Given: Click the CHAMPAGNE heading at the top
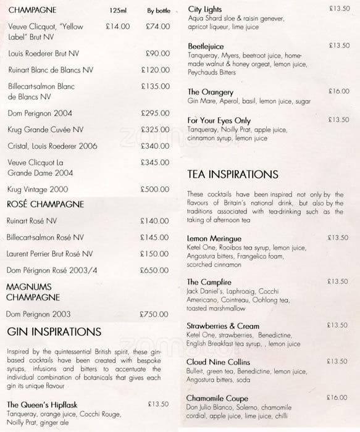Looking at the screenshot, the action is [x=32, y=10].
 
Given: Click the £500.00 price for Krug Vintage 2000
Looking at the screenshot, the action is [x=154, y=189].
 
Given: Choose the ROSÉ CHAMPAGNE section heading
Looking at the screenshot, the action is [x=44, y=204].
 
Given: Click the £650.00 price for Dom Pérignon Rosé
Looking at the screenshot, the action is [x=154, y=270].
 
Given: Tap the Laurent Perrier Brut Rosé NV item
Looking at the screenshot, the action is [x=50, y=254].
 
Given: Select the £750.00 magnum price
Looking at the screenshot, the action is [x=154, y=314].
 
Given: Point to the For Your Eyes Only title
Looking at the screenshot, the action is [x=219, y=120].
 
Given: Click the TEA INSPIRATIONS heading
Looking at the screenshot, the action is [x=233, y=175].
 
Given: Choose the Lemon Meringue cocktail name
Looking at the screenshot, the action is [x=214, y=238].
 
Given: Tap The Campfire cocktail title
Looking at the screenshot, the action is [x=209, y=282].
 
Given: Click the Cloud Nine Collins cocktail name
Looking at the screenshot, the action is [x=222, y=362].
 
